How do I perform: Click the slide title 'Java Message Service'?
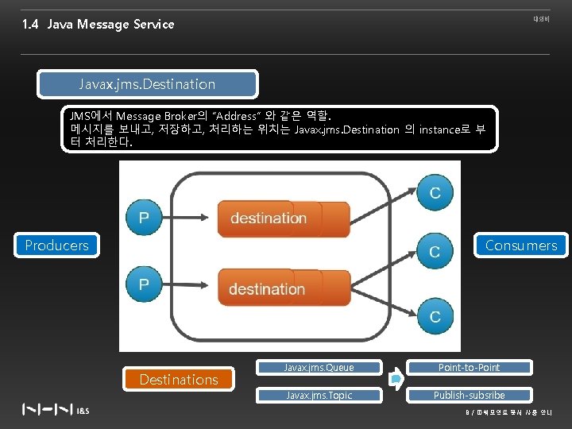(x=110, y=25)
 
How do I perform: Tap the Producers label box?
(x=56, y=245)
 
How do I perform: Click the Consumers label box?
(x=521, y=245)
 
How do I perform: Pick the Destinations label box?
(x=178, y=380)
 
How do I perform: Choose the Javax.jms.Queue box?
(x=319, y=368)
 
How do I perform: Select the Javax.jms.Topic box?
(x=319, y=395)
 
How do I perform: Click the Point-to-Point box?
(x=469, y=368)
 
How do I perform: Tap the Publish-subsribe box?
(x=469, y=395)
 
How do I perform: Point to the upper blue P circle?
(x=144, y=217)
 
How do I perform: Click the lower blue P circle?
(x=144, y=284)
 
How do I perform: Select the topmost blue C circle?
(x=435, y=192)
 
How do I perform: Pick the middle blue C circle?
(x=435, y=251)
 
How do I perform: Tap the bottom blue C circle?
(x=435, y=315)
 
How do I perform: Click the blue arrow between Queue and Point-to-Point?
(x=396, y=381)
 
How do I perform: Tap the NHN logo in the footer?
(x=48, y=410)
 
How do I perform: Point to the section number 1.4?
(x=31, y=25)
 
